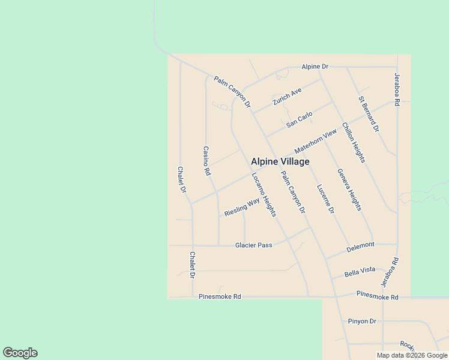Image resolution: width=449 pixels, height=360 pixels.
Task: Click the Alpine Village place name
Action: pos(280,162)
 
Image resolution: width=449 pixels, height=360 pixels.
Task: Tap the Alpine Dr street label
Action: pos(315,66)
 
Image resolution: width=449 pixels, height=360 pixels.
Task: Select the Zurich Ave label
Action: pos(287,97)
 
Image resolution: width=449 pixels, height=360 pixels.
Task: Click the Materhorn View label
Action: pos(316,142)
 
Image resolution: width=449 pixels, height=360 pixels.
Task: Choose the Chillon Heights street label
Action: pos(354,142)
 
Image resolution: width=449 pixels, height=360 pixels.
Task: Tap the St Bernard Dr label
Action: pos(369,113)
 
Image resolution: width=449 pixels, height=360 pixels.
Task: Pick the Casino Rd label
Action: pos(206,161)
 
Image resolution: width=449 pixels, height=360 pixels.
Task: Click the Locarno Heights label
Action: pos(264,194)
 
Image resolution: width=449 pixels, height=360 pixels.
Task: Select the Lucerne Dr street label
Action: pos(325,199)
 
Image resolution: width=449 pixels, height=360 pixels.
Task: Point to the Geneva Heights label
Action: pos(349,189)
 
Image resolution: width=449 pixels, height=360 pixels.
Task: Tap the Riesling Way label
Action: pos(242,207)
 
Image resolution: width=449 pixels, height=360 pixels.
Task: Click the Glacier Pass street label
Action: pos(253,245)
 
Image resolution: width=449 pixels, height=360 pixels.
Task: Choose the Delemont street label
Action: pos(360,245)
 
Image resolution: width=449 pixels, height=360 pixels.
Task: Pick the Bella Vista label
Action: pos(360,273)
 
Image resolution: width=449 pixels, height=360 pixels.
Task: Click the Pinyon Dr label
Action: pos(361,321)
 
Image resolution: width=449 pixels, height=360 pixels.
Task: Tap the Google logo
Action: pos(20,353)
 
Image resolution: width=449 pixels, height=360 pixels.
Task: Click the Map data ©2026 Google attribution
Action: pos(412,355)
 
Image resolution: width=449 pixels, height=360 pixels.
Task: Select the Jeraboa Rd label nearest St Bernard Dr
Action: pos(396,90)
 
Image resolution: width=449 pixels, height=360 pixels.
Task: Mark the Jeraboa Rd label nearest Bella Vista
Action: pos(389,272)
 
